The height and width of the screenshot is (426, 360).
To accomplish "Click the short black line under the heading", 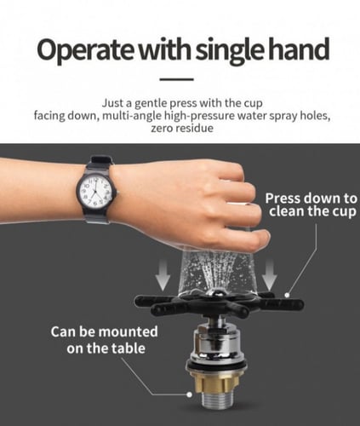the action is coord(176,79).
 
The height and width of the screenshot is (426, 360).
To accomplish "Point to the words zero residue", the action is coord(182,129).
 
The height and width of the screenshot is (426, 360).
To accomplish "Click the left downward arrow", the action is coord(163,275).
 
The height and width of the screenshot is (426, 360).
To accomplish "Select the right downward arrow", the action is coord(269,275).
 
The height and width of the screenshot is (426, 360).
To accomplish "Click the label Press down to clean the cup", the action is coord(311,204).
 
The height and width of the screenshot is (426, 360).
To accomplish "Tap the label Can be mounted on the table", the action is coord(105,340).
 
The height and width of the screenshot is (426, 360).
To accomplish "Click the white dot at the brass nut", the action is coord(189,394).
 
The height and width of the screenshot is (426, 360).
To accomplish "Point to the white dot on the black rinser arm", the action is coord(287,295).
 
